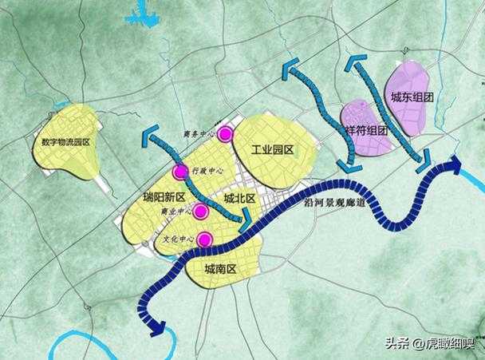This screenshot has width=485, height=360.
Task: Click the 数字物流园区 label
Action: coord(68,142)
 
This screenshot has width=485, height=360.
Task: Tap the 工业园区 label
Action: coord(274,150)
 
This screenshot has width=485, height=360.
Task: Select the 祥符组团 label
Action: coord(367,129)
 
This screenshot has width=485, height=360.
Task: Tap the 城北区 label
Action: coord(239,198)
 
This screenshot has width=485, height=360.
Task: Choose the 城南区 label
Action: coord(221,268)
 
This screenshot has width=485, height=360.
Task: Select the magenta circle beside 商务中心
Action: coord(226,134)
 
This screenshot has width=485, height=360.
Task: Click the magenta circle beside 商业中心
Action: coord(201,211)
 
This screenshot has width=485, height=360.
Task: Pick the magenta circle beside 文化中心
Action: coord(205,238)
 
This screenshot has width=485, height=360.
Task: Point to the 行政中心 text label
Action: coord(206,170)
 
